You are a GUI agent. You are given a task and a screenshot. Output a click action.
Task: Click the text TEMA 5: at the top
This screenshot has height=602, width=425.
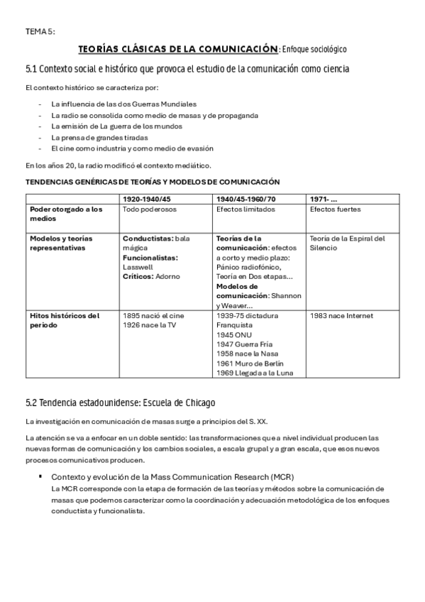40,31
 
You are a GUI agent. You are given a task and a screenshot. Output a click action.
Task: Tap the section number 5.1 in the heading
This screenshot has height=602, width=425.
31,69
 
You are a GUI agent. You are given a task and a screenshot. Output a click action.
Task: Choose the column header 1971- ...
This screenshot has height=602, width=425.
324,198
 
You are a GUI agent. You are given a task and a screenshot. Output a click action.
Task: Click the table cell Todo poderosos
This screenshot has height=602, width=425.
149,209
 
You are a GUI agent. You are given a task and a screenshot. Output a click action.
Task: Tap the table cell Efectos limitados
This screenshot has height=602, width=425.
244,209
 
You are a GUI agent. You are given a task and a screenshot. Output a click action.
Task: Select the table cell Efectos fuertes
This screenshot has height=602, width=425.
336,209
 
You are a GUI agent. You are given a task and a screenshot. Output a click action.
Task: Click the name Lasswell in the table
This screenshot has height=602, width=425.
138,267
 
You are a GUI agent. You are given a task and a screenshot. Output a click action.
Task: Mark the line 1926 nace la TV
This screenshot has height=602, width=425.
150,325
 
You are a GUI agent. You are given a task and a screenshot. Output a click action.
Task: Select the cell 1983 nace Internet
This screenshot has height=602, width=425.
342,315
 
